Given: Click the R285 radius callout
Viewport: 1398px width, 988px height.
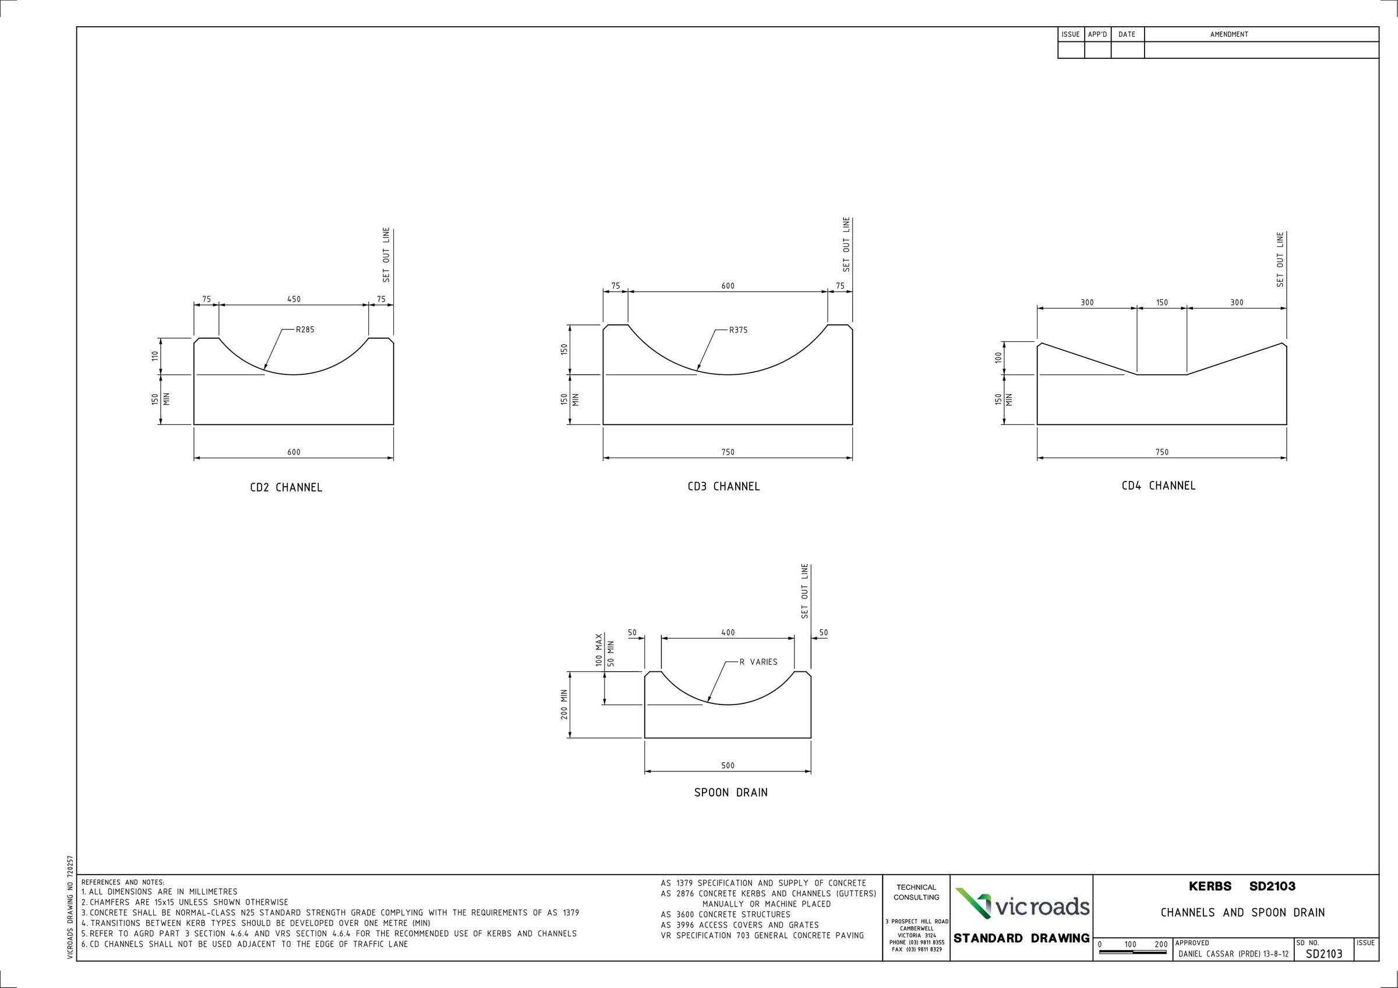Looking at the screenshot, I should pyautogui.click(x=305, y=330).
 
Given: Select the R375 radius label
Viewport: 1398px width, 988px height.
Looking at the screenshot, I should pyautogui.click(x=738, y=330).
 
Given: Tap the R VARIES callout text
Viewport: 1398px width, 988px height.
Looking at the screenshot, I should pyautogui.click(x=758, y=662).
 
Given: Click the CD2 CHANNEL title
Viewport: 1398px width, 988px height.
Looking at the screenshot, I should pyautogui.click(x=286, y=488).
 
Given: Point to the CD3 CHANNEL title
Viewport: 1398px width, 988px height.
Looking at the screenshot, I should pyautogui.click(x=723, y=486).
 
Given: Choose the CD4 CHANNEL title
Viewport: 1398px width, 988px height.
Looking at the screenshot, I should pyautogui.click(x=1158, y=486).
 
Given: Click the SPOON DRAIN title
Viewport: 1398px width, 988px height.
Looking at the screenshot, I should pyautogui.click(x=730, y=792).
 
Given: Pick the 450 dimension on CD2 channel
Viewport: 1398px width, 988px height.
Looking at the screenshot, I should pyautogui.click(x=294, y=299).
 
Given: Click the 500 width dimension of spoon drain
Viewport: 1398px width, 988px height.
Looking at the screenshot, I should pyautogui.click(x=728, y=765).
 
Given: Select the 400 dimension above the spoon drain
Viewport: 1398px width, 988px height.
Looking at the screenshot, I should pyautogui.click(x=728, y=632).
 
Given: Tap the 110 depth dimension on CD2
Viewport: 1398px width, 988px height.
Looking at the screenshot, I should pyautogui.click(x=156, y=356).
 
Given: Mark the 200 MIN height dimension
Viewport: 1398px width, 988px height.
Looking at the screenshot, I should pyautogui.click(x=564, y=704).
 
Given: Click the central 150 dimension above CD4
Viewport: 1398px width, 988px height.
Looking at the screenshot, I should pyautogui.click(x=1162, y=303).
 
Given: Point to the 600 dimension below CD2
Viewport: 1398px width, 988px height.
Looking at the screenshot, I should pyautogui.click(x=294, y=452).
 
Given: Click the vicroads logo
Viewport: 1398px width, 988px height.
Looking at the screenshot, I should pyautogui.click(x=1022, y=906).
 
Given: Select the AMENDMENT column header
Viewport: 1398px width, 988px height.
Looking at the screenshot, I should pyautogui.click(x=1228, y=35).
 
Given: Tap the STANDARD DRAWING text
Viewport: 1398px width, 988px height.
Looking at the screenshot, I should pyautogui.click(x=1021, y=939).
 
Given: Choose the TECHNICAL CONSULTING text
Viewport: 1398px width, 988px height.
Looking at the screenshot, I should pyautogui.click(x=916, y=893).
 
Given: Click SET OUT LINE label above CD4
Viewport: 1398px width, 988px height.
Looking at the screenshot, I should pyautogui.click(x=1280, y=259).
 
